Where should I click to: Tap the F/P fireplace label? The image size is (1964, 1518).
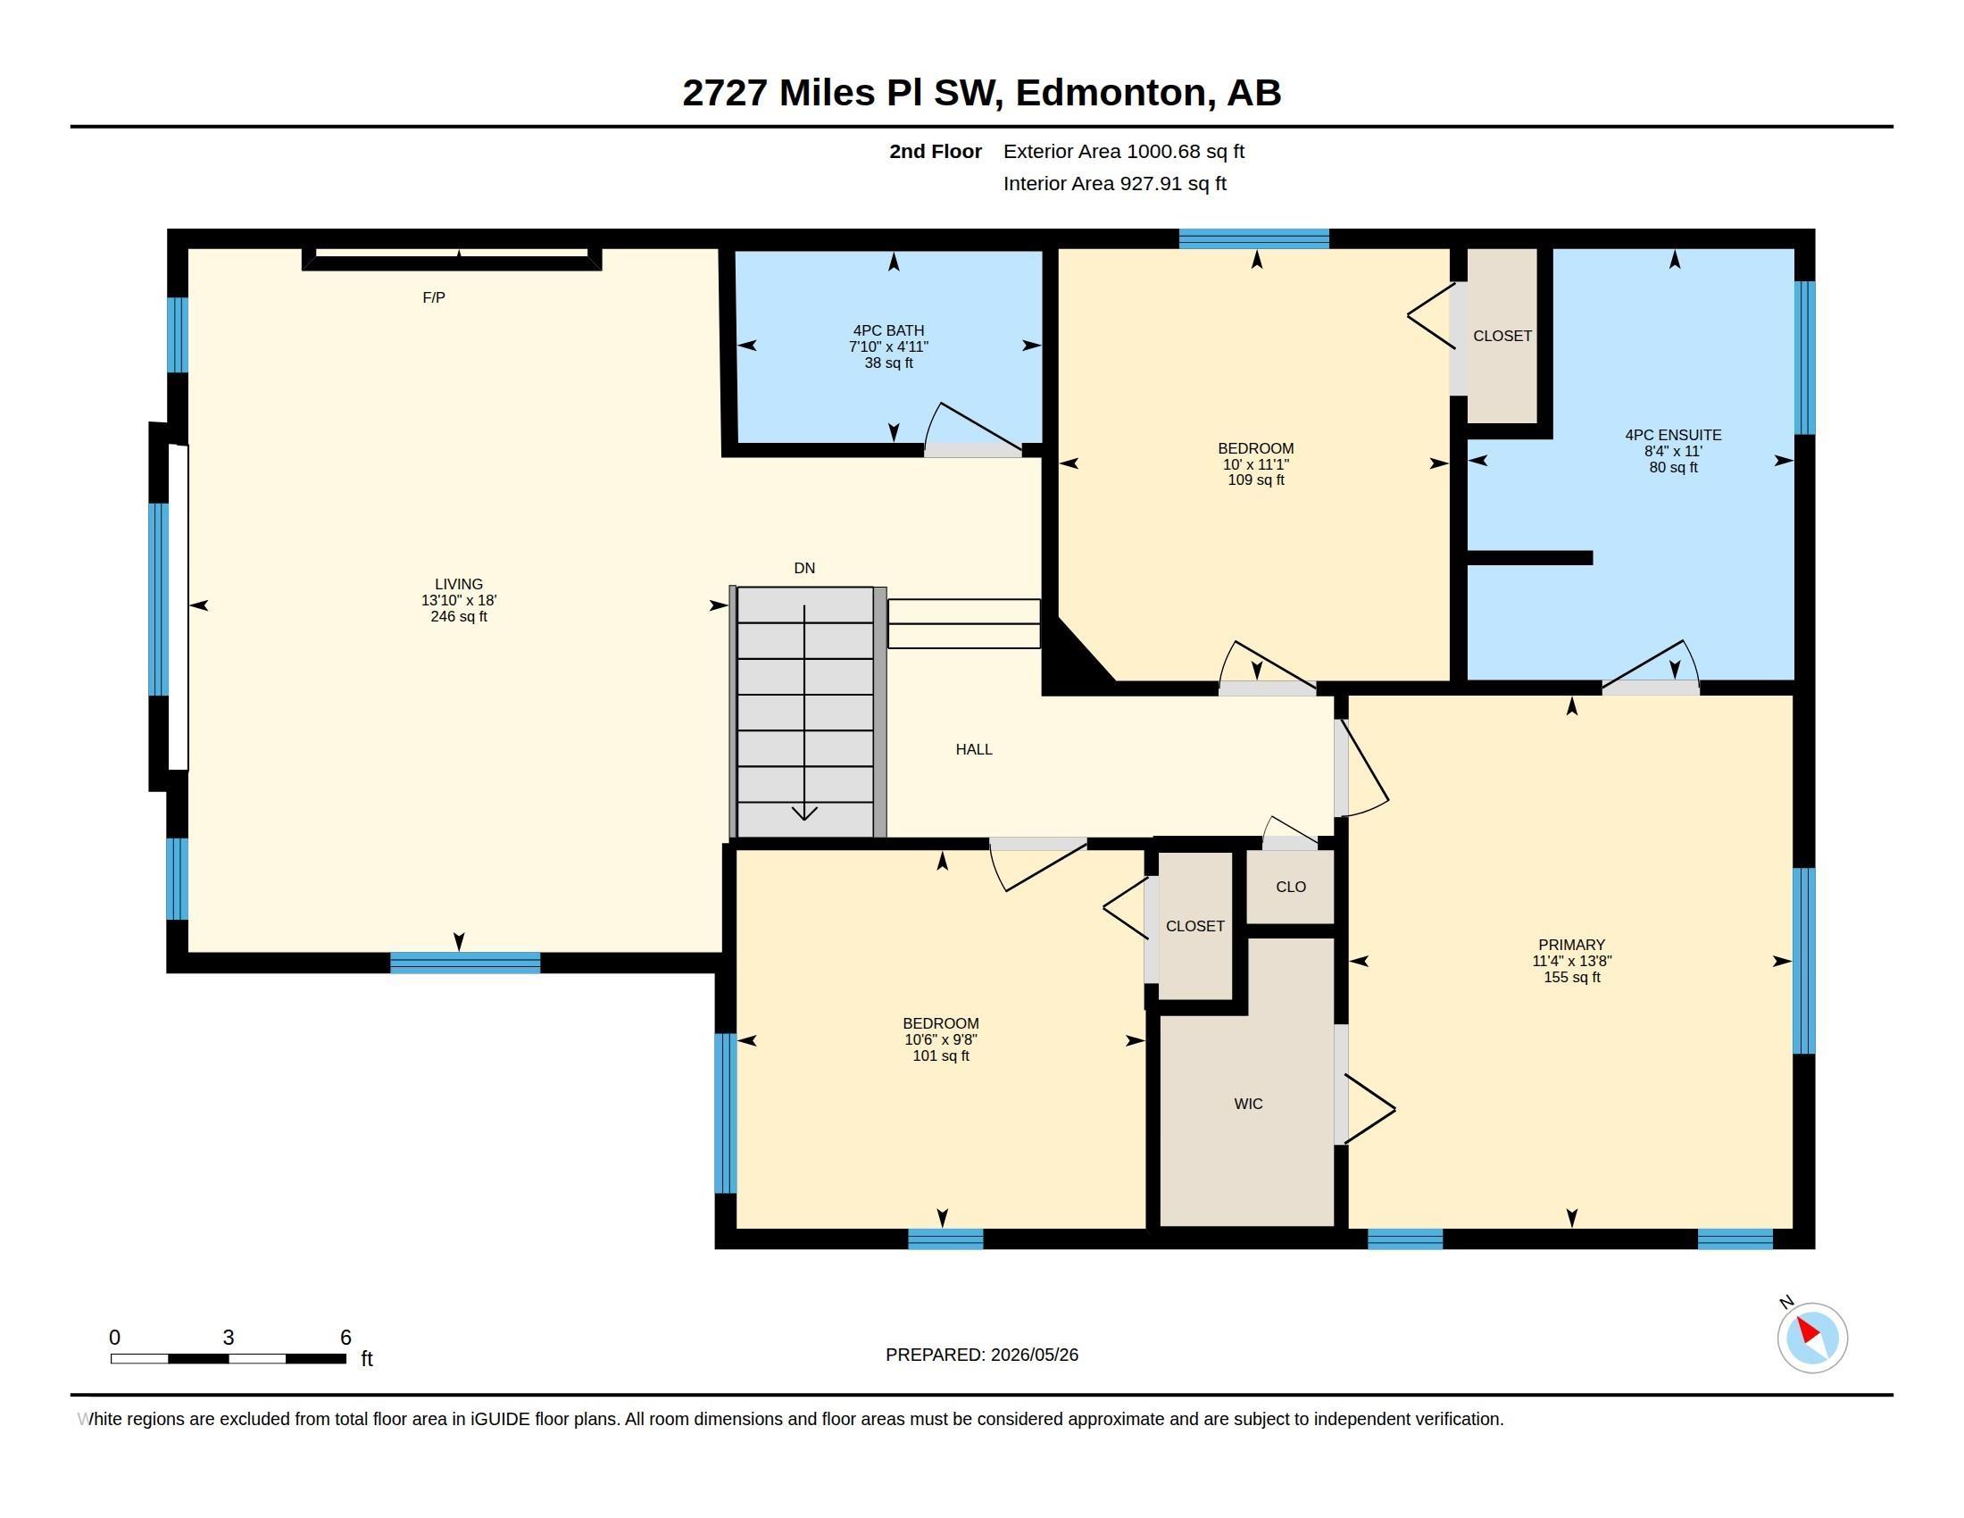434,297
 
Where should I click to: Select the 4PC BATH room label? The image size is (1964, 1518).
888,331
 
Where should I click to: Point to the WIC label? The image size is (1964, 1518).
1248,1104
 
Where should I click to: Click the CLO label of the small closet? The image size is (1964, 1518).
1291,887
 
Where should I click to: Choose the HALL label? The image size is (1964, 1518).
974,749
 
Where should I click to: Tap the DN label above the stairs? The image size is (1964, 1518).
804,568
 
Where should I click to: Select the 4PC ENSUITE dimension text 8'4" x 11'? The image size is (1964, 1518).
1674,452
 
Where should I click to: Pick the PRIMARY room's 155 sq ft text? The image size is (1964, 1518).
1572,978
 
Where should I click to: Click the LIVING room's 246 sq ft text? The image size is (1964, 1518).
459,617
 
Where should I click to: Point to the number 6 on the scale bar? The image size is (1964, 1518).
345,1338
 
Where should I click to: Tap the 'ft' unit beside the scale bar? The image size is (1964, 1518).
367,1358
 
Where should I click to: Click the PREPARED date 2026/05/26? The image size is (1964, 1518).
1034,1355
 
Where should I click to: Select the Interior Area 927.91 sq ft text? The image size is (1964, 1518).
1114,183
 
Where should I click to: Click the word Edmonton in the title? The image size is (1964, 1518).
1111,93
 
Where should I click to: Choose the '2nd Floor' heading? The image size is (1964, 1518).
936,151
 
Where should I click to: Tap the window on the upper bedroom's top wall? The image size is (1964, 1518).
1253,238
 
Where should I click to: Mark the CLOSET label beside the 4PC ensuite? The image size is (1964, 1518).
1502,337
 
